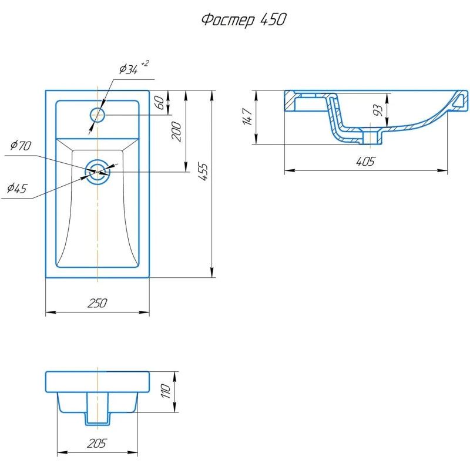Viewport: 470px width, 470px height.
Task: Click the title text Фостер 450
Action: coord(244,20)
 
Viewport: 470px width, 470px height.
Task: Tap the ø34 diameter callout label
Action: coord(128,69)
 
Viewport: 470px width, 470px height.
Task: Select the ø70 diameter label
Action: coord(21,145)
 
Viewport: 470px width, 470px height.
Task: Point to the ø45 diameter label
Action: coord(17,188)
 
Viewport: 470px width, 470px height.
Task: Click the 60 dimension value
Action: coord(160,102)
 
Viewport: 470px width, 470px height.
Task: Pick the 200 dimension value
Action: coord(176,132)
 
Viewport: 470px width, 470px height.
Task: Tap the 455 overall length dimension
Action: coord(203,172)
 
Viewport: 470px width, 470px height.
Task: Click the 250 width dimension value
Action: coord(97,303)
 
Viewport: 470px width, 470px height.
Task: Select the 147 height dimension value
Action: coord(247,116)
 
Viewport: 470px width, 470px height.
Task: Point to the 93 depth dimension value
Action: coord(378,110)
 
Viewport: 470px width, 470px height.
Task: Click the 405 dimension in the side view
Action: coord(365,162)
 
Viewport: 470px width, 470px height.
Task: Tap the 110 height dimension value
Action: coord(166,391)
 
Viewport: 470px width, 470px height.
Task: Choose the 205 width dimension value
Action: coord(97,444)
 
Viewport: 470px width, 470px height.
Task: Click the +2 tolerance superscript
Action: coord(145,63)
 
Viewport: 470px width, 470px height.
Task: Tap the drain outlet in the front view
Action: coord(98,409)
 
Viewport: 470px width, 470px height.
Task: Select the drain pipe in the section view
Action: coord(371,136)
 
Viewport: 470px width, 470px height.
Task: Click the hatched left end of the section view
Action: coord(290,101)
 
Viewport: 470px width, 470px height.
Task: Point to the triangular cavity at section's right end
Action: coord(458,101)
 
